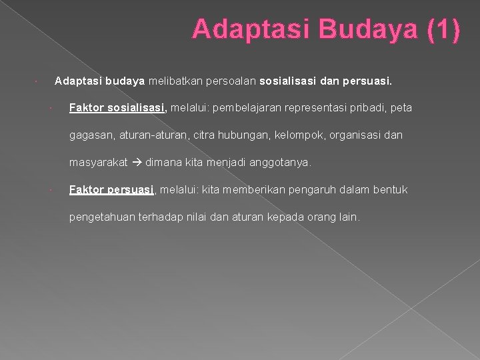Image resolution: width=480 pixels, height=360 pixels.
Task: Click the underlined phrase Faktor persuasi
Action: pyautogui.click(x=112, y=190)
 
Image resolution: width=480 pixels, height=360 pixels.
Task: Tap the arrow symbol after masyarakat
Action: pyautogui.click(x=137, y=163)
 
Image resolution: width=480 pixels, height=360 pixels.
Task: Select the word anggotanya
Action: pyautogui.click(x=279, y=163)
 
